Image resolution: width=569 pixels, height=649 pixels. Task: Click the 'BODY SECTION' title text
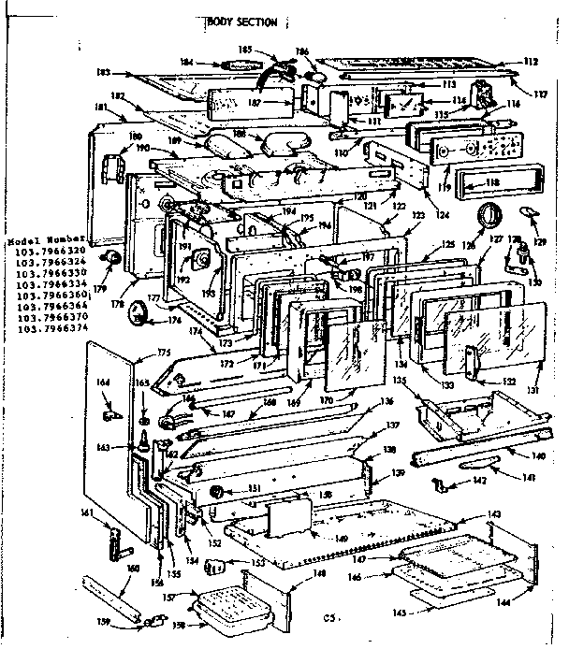tap(242, 22)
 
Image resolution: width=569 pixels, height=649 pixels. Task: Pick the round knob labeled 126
tap(487, 216)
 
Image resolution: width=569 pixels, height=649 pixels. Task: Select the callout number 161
tap(87, 512)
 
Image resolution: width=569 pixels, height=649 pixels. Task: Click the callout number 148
tap(319, 574)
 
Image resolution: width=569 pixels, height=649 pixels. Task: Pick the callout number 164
tap(104, 382)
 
